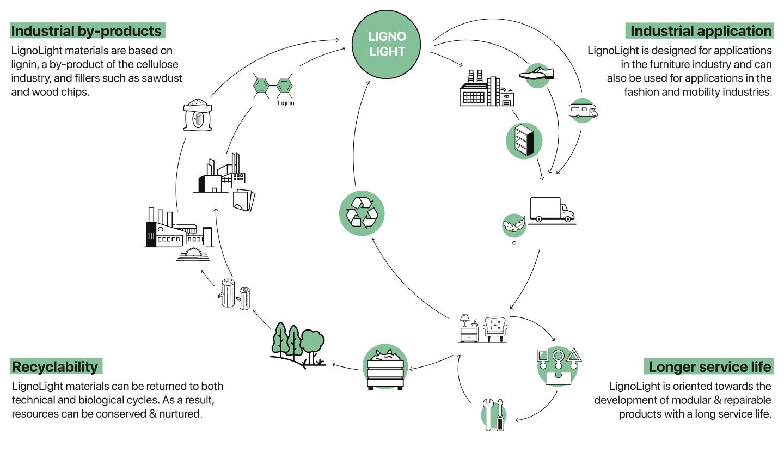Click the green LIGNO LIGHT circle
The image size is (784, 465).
[387, 44]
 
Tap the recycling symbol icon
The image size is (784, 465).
[362, 213]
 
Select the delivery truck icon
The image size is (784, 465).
[552, 210]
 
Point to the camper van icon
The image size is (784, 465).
[583, 111]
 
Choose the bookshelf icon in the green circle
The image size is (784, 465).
[524, 141]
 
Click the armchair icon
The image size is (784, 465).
[495, 329]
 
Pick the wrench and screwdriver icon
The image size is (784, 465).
[494, 415]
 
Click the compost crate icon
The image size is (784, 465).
[385, 368]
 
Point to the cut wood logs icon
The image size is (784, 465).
[236, 294]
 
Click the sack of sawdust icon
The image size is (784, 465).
[198, 115]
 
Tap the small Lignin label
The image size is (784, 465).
[286, 103]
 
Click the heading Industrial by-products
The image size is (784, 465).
[87, 31]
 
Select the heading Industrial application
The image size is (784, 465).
[701, 31]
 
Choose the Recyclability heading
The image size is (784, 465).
[56, 367]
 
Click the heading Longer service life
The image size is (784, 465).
[709, 367]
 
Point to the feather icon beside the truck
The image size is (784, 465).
[513, 224]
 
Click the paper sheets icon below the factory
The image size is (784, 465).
[243, 200]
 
